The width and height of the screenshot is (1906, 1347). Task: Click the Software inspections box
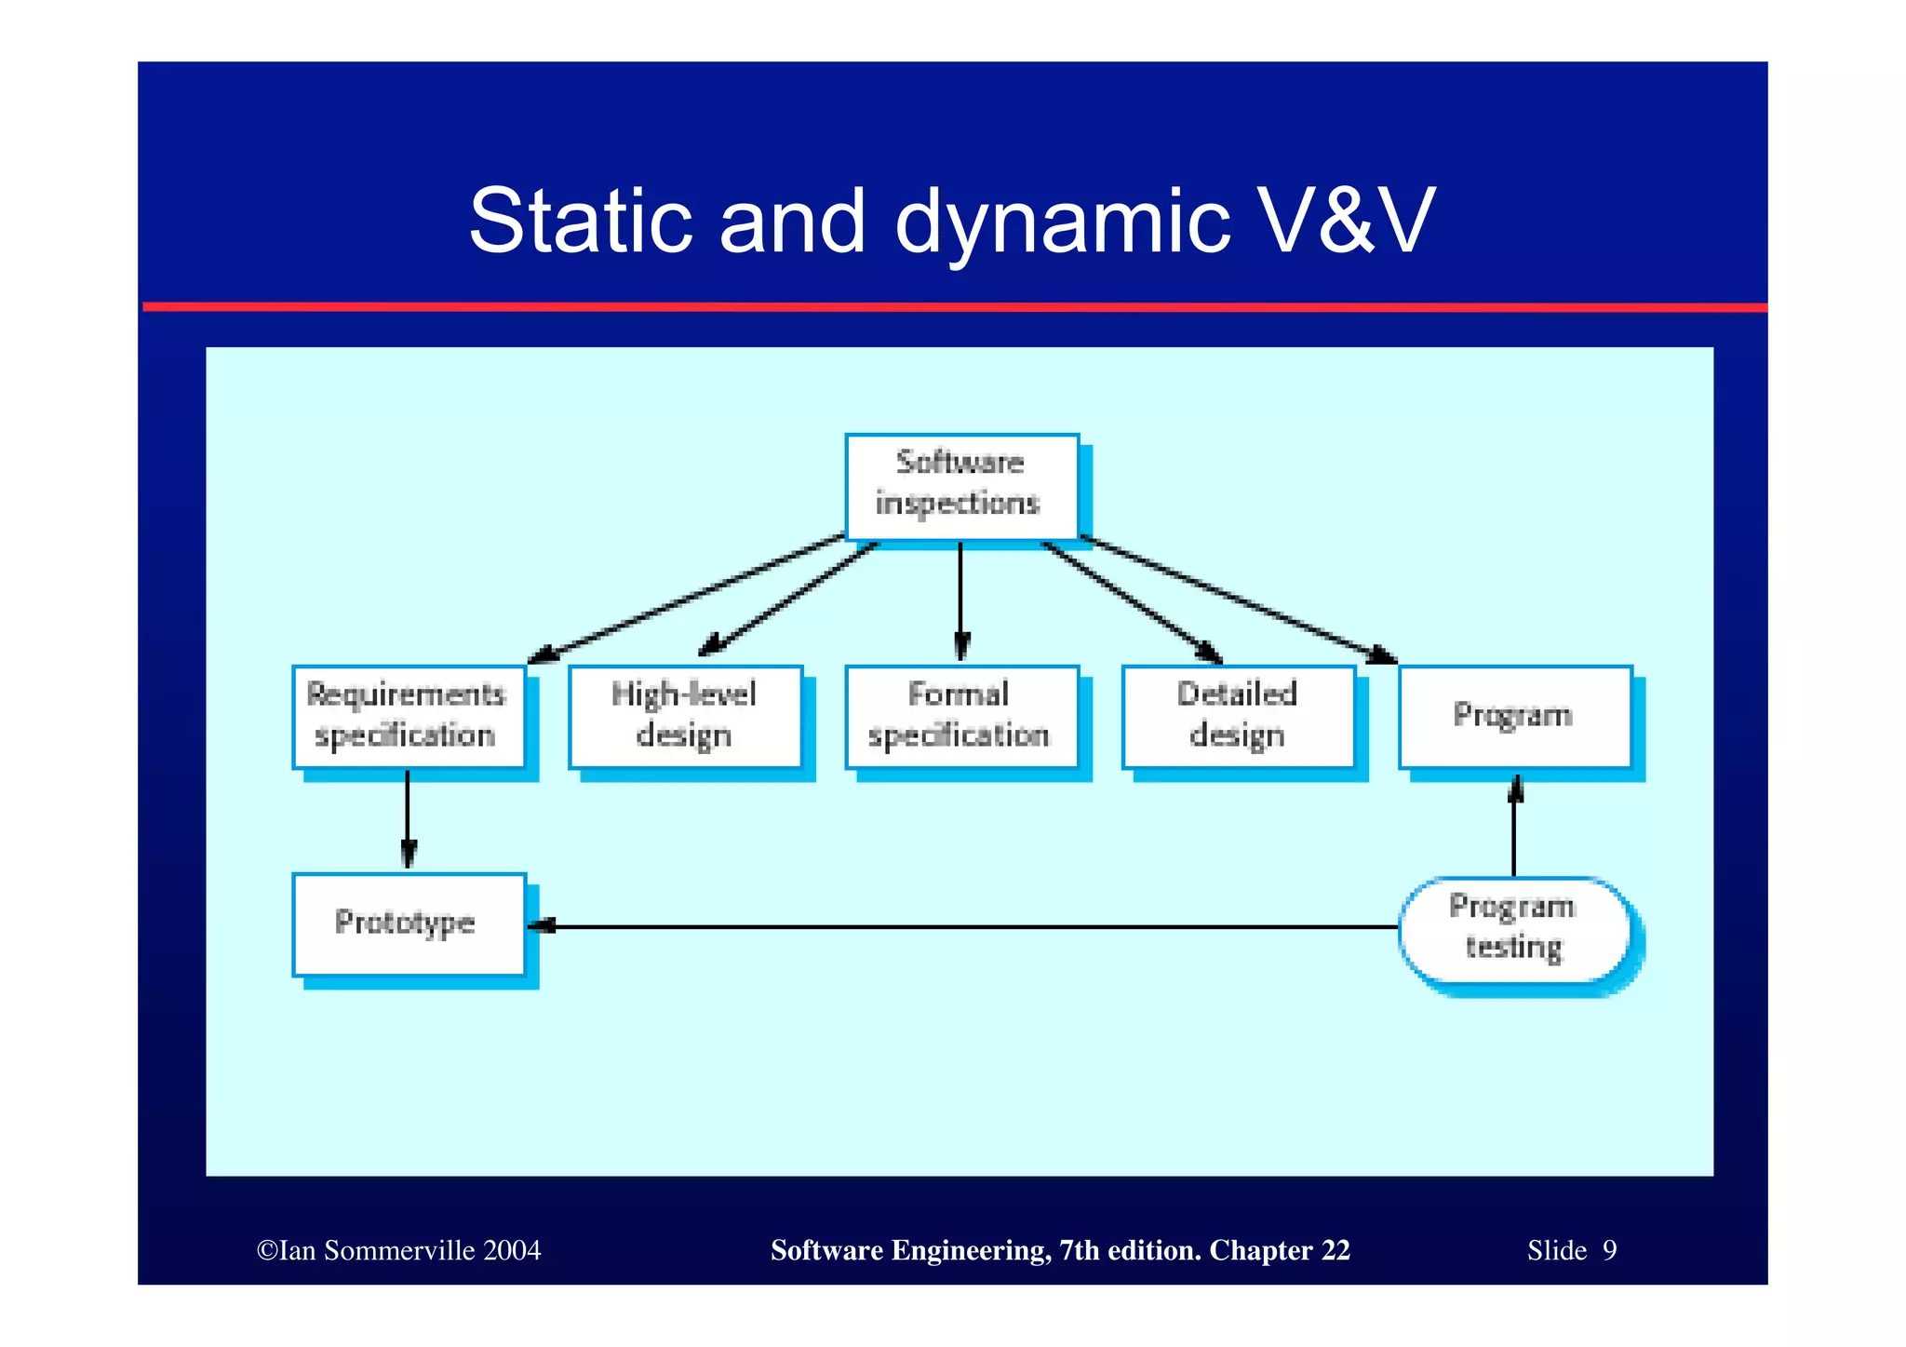961,486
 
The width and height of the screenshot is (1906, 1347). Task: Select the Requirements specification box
408,717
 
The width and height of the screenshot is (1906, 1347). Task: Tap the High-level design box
685,717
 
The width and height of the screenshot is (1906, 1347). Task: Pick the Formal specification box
961,717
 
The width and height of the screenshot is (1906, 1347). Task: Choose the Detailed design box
1238,717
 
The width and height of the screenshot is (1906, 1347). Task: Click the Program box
1514,717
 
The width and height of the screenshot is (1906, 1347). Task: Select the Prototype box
408,924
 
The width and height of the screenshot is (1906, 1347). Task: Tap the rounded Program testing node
1514,928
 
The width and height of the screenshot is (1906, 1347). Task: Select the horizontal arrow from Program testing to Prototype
968,926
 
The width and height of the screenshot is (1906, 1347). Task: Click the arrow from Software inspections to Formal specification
960,600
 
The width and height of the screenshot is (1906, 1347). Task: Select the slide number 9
1609,1250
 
